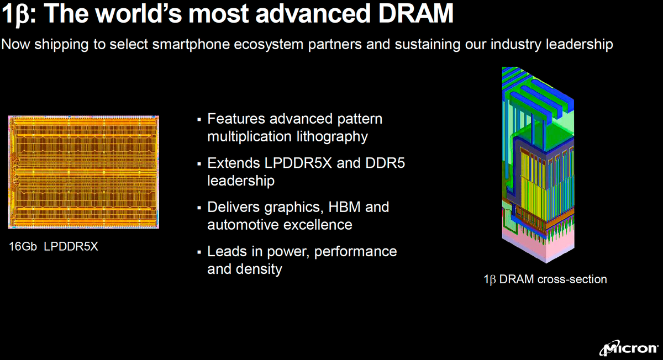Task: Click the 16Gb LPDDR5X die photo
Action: click(83, 172)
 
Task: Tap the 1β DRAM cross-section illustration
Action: click(538, 166)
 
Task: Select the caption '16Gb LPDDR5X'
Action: click(54, 247)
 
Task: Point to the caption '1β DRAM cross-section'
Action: click(545, 279)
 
